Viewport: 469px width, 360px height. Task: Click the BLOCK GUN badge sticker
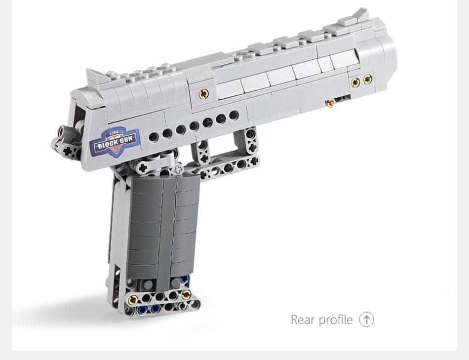116,142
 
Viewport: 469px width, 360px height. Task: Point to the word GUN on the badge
127,139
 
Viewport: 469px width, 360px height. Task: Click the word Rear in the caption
303,320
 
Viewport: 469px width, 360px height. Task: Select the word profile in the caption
336,320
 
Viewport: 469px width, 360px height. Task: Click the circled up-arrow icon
366,319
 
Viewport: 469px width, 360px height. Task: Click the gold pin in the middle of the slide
204,94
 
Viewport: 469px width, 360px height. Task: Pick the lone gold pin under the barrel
330,103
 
